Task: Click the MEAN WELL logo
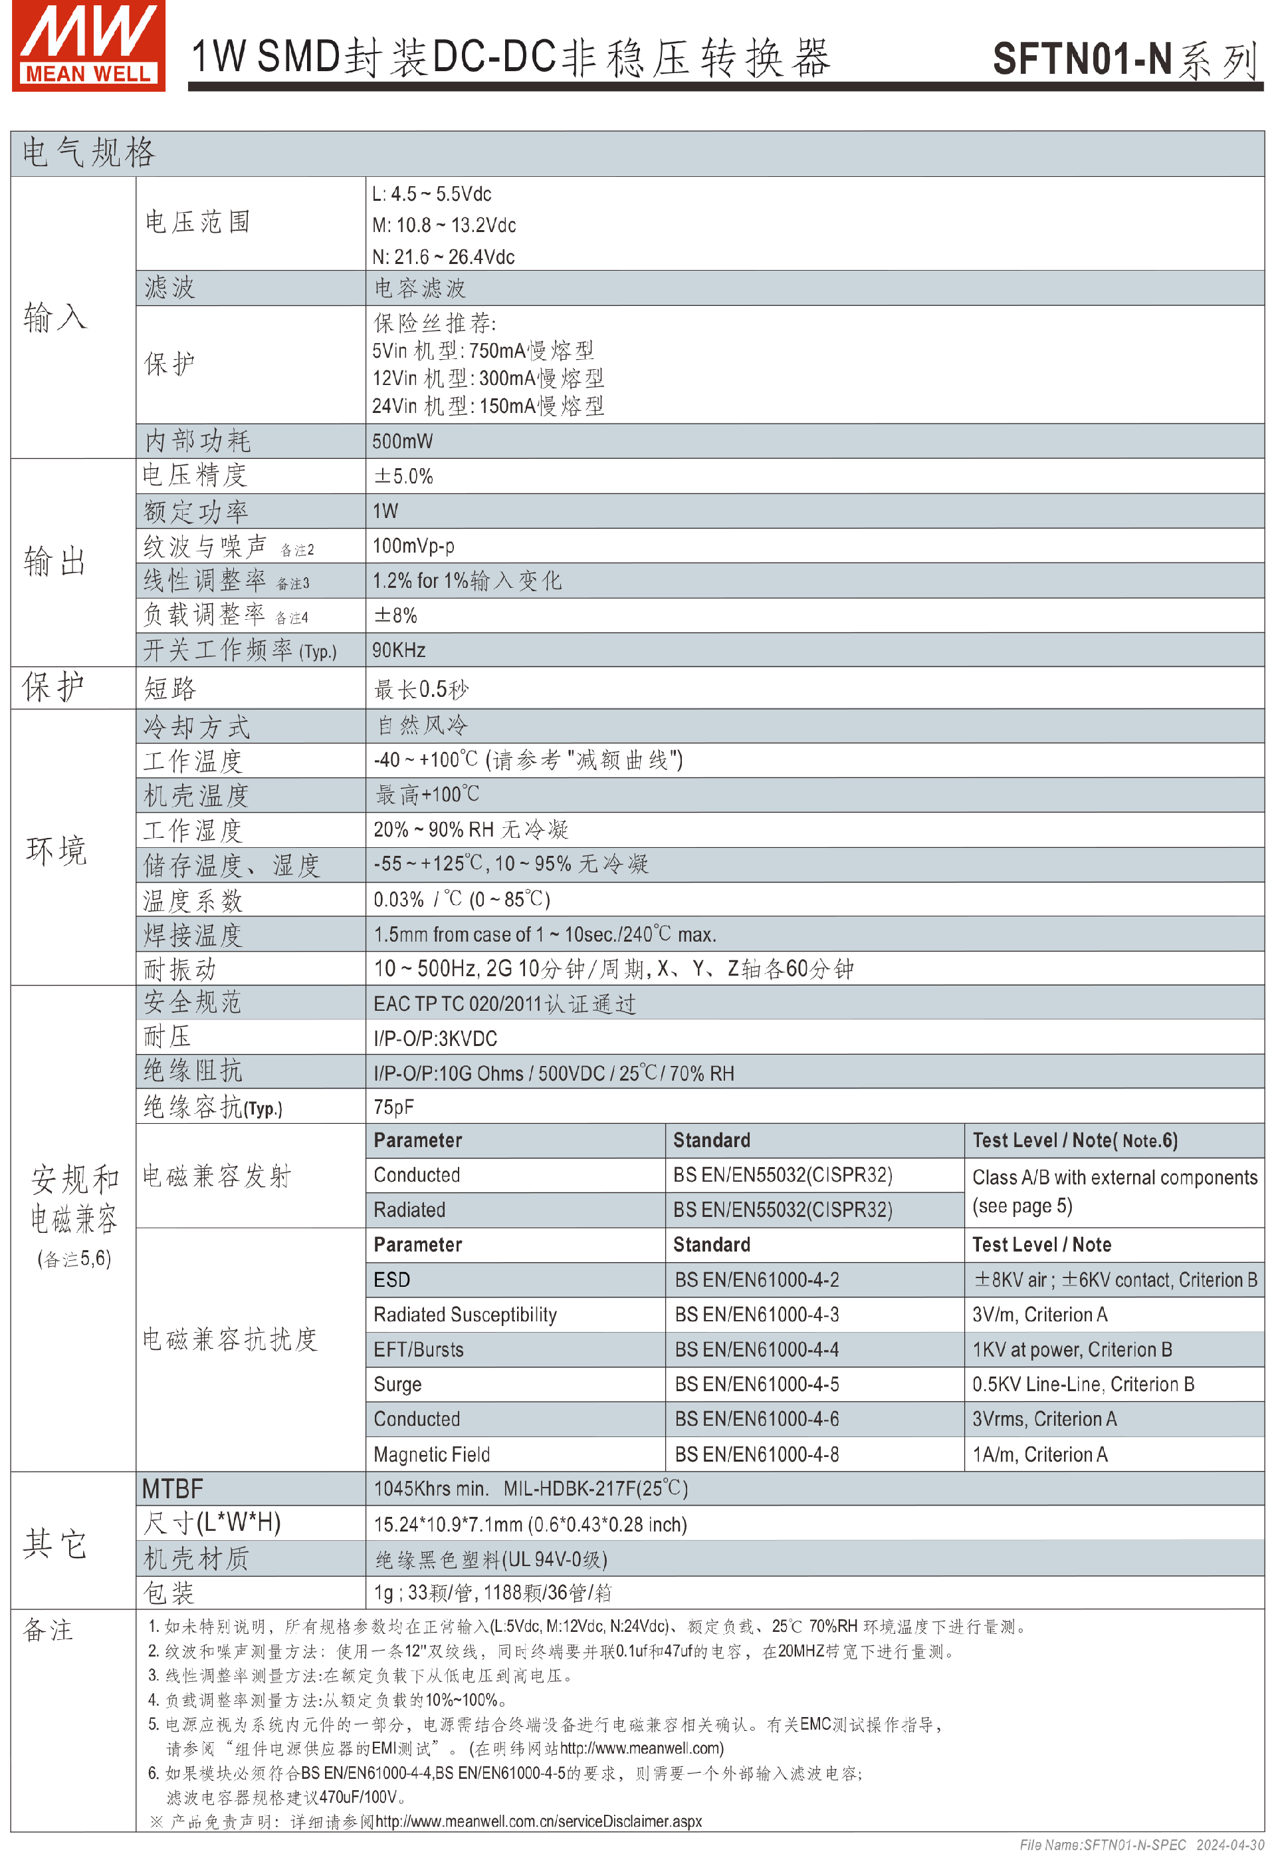(x=88, y=46)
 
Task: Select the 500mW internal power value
(x=402, y=442)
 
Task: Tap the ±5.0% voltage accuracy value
(x=404, y=477)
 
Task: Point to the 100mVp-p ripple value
(x=413, y=546)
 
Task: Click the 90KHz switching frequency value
(x=399, y=650)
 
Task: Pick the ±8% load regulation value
(x=395, y=616)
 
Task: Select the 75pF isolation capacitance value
(x=393, y=1108)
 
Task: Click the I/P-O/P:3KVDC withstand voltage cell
(x=435, y=1039)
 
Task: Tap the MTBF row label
(x=173, y=1490)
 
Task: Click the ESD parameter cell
(x=391, y=1281)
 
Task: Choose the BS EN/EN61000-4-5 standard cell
(x=756, y=1385)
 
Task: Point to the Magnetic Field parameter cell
(x=432, y=1455)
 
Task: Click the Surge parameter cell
(x=397, y=1385)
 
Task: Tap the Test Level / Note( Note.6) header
(x=1075, y=1140)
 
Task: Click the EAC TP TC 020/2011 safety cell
(x=504, y=1005)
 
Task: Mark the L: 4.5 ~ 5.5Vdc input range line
(x=432, y=194)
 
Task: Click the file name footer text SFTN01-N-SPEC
(x=1103, y=1845)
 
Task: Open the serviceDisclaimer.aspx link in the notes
(x=538, y=1821)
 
